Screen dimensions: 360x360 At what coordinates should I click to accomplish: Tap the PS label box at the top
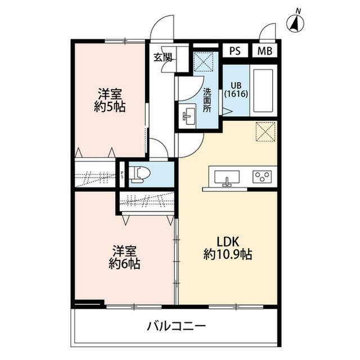235,49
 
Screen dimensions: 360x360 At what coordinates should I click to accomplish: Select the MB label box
264,49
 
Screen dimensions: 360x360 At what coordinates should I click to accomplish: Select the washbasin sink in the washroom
188,116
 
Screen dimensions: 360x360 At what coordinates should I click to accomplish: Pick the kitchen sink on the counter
227,178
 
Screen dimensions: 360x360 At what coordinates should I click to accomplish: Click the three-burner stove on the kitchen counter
262,177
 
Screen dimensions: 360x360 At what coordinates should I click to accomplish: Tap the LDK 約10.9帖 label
227,248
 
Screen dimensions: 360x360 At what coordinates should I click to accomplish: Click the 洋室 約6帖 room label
124,257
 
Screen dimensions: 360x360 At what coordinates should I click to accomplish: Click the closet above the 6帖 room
147,201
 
